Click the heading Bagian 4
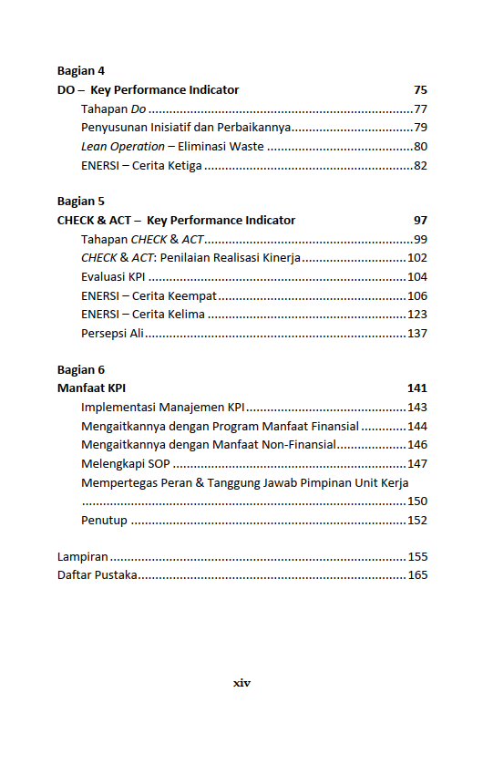(81, 70)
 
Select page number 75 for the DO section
(419, 90)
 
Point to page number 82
(420, 166)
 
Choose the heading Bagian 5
(81, 201)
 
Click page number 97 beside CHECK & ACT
(419, 220)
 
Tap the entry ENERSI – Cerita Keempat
(148, 295)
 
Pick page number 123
(416, 315)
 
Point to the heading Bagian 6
(81, 369)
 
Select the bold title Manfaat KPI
(91, 388)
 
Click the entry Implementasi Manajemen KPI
(163, 408)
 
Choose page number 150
(416, 501)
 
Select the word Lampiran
(83, 556)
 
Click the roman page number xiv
(241, 682)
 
